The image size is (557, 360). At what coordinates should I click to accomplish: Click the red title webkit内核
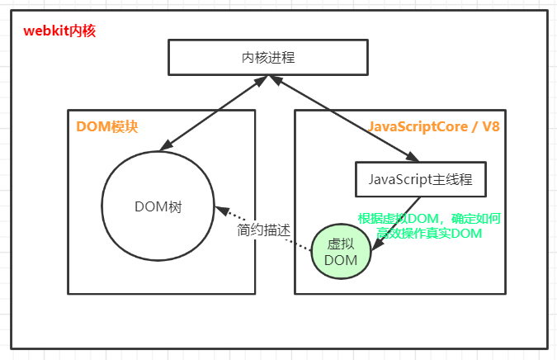59,31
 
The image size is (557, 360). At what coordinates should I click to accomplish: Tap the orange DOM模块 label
107,126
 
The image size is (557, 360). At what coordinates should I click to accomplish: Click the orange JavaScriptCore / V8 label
434,126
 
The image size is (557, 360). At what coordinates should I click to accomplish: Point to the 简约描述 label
263,230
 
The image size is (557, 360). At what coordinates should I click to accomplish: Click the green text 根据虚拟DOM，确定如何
429,218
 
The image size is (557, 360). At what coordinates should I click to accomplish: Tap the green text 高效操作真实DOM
429,234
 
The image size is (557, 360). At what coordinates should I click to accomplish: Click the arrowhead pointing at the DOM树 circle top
166,145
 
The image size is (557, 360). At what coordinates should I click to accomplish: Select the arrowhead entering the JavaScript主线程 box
412,157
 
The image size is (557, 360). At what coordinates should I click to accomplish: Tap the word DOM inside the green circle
341,260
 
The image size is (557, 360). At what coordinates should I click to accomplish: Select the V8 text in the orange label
491,126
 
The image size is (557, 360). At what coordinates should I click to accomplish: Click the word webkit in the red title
46,31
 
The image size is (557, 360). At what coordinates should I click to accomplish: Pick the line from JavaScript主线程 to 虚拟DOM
396,224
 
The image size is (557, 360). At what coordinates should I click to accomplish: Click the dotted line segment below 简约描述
298,244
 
